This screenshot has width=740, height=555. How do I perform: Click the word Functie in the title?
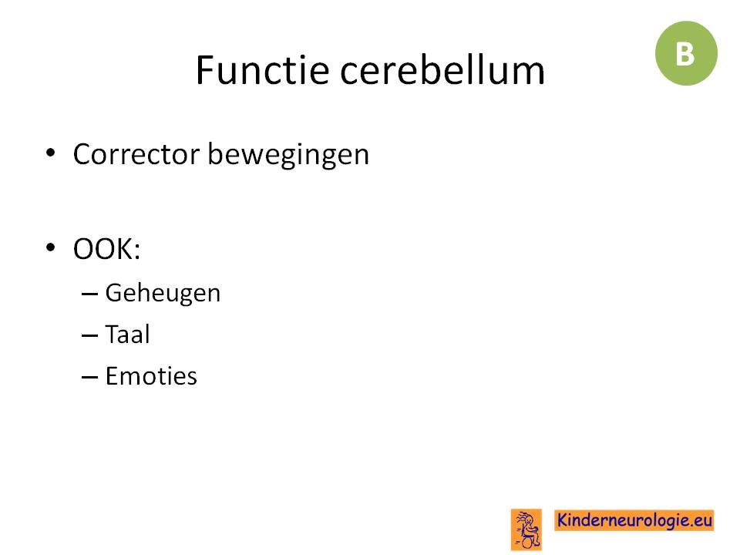(x=262, y=70)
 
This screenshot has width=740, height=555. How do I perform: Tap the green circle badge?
(x=686, y=53)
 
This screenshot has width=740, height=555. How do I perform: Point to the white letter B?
(x=684, y=54)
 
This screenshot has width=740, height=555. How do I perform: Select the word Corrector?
(x=136, y=154)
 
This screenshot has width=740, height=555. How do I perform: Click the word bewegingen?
(x=288, y=155)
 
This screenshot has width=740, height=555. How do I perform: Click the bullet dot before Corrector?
(x=51, y=153)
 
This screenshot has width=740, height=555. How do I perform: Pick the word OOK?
(x=103, y=249)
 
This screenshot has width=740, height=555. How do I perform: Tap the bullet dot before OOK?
(x=51, y=247)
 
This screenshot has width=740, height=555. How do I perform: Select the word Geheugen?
(x=163, y=294)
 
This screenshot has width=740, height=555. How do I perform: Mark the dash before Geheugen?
(x=89, y=294)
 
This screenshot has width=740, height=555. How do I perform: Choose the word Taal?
(x=127, y=334)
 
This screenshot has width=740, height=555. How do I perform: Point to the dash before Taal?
(x=89, y=335)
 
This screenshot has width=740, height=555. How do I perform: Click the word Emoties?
(x=151, y=376)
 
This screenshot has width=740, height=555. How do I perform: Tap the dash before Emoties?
(x=89, y=377)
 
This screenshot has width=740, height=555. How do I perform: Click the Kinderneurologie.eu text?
(x=634, y=520)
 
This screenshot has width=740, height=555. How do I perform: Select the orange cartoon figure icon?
(x=526, y=530)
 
